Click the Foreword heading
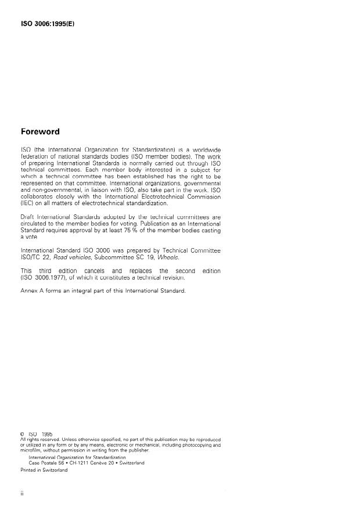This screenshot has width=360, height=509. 44,131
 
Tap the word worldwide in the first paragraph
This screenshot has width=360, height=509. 203,150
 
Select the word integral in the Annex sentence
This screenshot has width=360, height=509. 88,291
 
